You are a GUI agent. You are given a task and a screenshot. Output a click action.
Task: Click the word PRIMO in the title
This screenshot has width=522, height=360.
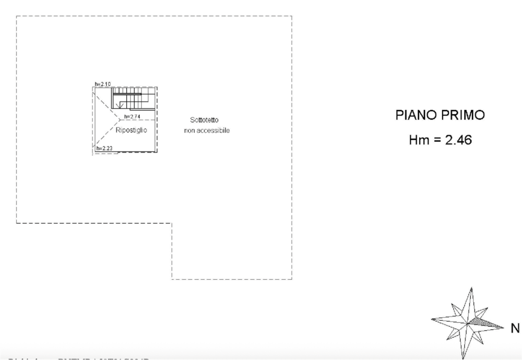(463, 115)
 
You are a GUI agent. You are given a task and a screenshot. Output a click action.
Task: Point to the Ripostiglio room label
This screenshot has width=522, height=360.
(132, 130)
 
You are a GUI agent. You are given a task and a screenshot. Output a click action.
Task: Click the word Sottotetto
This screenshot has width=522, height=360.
(205, 120)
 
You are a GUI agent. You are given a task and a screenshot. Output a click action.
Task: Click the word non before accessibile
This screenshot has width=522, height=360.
(188, 130)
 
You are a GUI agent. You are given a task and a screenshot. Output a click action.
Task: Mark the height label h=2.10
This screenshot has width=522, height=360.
(103, 84)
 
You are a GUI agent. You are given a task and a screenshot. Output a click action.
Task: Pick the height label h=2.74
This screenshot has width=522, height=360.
(133, 116)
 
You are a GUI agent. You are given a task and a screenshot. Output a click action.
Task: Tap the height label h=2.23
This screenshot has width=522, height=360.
(105, 148)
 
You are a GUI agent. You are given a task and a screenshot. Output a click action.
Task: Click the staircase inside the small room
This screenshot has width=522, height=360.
(134, 98)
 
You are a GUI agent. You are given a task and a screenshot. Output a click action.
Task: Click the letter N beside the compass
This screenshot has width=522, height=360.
(515, 329)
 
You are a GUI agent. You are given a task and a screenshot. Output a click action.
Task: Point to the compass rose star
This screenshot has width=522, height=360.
(468, 320)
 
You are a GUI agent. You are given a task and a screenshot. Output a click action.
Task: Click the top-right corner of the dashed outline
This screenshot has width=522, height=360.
(293, 16)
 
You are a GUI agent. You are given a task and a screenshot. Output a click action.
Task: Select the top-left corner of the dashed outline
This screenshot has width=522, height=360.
(16, 16)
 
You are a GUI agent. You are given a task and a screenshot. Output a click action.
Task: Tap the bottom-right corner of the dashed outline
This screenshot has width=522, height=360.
(293, 279)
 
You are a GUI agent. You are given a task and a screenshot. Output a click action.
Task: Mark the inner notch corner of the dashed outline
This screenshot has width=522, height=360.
(172, 223)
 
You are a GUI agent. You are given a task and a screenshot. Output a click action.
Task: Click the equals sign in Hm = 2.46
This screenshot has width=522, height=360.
(437, 140)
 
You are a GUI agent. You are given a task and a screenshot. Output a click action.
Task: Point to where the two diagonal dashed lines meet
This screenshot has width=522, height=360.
(114, 124)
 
